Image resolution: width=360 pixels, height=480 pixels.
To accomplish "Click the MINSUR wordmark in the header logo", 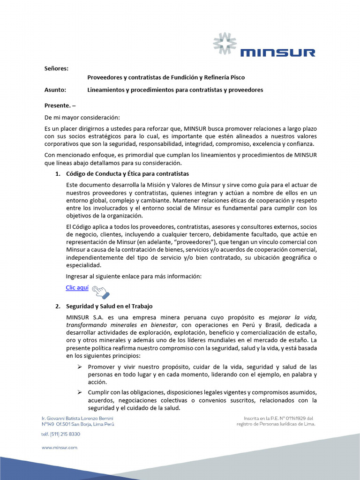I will tap(277, 52).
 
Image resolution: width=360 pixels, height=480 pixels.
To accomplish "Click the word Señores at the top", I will tap(56, 68).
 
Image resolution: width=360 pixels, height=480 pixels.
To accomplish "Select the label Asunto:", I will tap(55, 90).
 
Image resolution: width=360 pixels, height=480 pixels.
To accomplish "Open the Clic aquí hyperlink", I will tap(77, 287).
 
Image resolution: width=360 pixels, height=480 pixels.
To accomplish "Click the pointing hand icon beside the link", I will tap(100, 292).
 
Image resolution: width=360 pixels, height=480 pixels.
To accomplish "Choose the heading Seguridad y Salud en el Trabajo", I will tap(109, 306).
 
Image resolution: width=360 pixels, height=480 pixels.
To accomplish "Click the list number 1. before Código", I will tap(58, 174).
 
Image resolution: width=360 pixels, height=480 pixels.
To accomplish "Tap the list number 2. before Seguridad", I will tap(58, 306).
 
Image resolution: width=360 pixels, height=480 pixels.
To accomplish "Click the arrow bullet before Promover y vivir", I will tap(80, 366).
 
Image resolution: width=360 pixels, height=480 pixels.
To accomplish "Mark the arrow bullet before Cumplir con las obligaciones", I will tap(80, 392).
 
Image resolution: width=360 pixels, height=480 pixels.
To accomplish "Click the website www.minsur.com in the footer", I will tap(60, 448).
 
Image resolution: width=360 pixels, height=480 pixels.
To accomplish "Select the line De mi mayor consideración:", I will tap(82, 117).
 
